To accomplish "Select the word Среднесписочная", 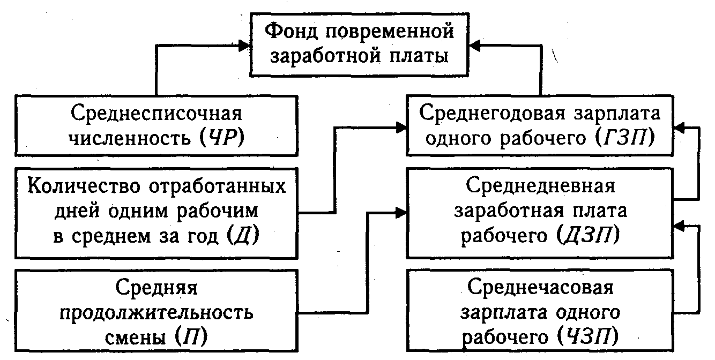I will click(x=155, y=114).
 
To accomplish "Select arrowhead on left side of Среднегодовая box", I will click(x=402, y=127).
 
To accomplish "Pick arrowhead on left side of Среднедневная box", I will click(x=402, y=213).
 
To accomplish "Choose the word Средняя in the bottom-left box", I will click(x=157, y=288).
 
